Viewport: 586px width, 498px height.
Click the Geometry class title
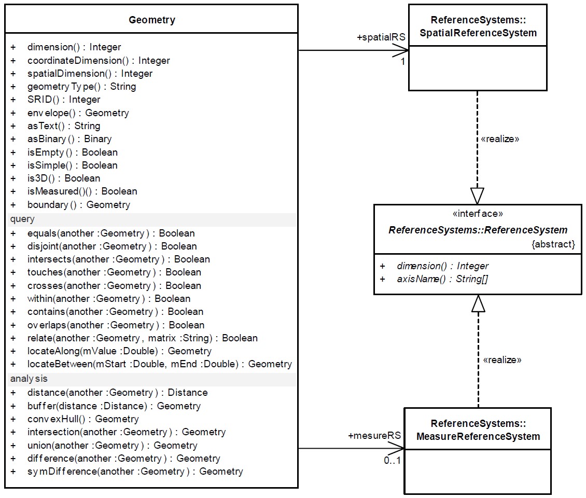[151, 20]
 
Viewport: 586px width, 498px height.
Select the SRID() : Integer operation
[64, 100]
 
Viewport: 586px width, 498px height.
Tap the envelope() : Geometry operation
[78, 113]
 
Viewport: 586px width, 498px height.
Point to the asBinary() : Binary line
[69, 139]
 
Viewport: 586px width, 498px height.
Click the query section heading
[22, 219]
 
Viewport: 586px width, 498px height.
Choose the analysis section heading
[29, 379]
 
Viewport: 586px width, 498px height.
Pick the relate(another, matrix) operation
[142, 338]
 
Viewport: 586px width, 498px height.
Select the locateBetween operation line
[159, 364]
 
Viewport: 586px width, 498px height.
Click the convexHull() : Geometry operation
[83, 419]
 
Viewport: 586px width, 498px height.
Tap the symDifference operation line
[135, 472]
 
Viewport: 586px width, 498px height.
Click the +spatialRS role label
[381, 37]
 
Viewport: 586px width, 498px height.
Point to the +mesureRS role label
[374, 436]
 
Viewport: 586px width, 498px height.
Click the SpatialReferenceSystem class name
[478, 27]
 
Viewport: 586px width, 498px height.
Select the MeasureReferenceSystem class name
[478, 431]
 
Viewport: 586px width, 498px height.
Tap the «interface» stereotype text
[478, 214]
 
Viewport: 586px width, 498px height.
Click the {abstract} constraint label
[553, 244]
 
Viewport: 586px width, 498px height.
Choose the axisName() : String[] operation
[442, 279]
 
